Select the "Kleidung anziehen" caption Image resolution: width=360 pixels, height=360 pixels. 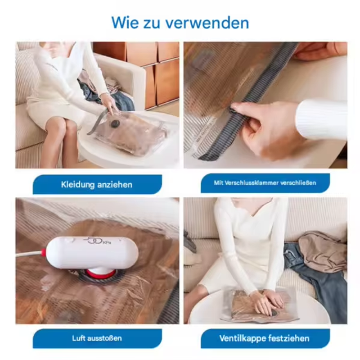[97, 185]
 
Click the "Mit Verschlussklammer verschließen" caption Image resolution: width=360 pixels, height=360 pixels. [265, 183]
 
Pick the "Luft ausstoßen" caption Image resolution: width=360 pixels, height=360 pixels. [97, 338]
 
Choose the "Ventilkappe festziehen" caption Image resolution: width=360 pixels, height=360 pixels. [264, 338]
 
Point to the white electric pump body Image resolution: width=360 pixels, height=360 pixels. [92, 253]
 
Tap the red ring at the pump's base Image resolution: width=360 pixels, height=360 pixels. [101, 274]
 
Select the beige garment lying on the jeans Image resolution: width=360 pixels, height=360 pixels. [323, 252]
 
